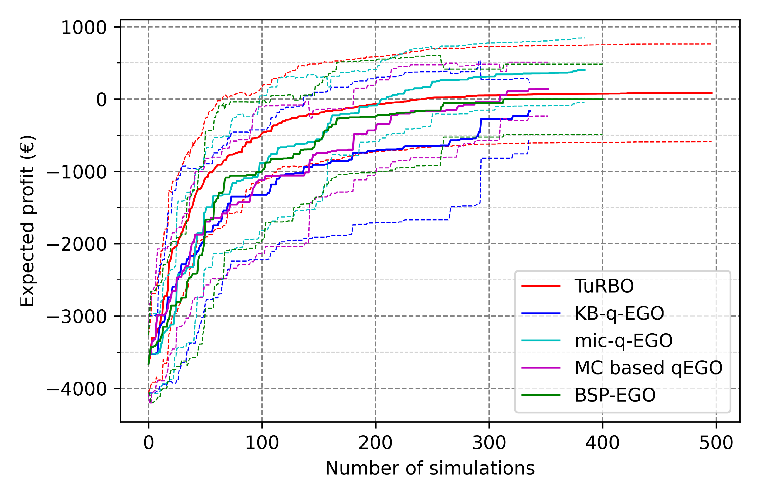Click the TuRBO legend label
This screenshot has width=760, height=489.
coord(604,286)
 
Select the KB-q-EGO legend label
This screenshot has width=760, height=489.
coord(619,313)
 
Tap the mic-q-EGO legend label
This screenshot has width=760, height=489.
coord(623,341)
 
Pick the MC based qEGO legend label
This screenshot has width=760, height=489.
coord(648,368)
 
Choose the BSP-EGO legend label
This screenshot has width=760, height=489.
coord(615,395)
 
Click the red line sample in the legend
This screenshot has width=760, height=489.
coord(541,286)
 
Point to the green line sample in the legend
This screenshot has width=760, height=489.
coord(541,395)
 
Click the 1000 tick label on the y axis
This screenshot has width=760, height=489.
coord(84,28)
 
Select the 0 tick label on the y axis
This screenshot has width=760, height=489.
coord(102,100)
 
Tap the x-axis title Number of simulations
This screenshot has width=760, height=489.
coord(430,468)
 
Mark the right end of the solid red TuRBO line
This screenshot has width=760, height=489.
coord(712,93)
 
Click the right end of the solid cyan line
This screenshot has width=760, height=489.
coord(585,70)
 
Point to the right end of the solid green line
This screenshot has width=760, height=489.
coord(602,99)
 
